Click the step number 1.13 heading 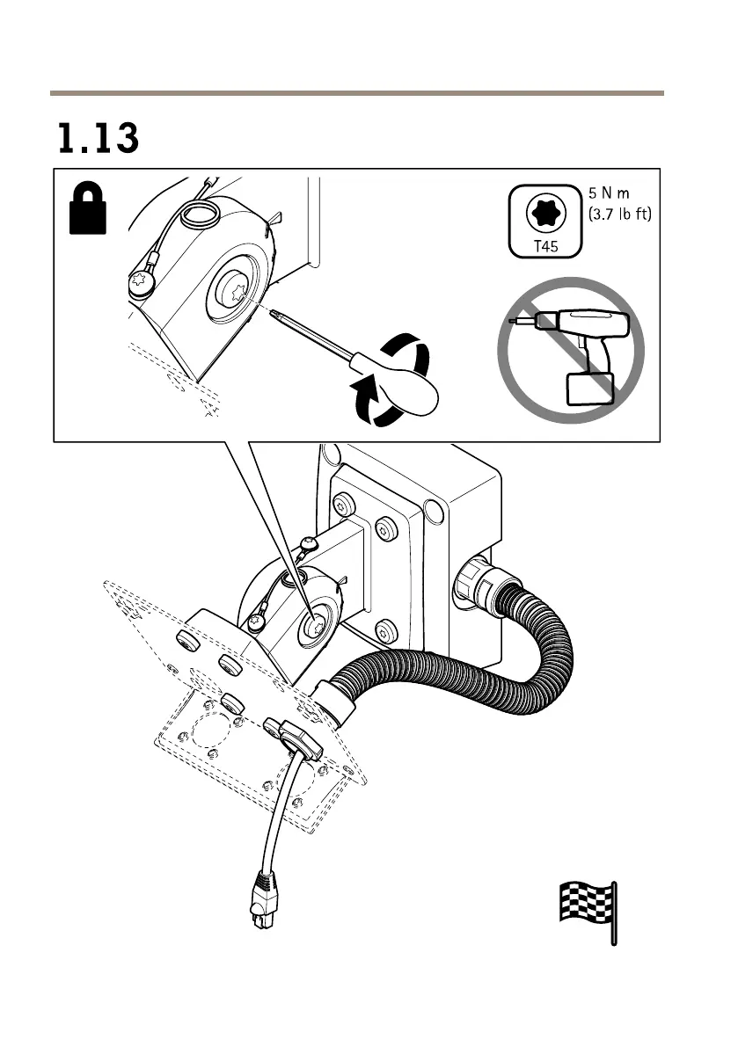pos(99,139)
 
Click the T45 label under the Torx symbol pos(546,246)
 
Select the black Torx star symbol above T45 pos(546,211)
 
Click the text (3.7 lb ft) pos(620,213)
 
